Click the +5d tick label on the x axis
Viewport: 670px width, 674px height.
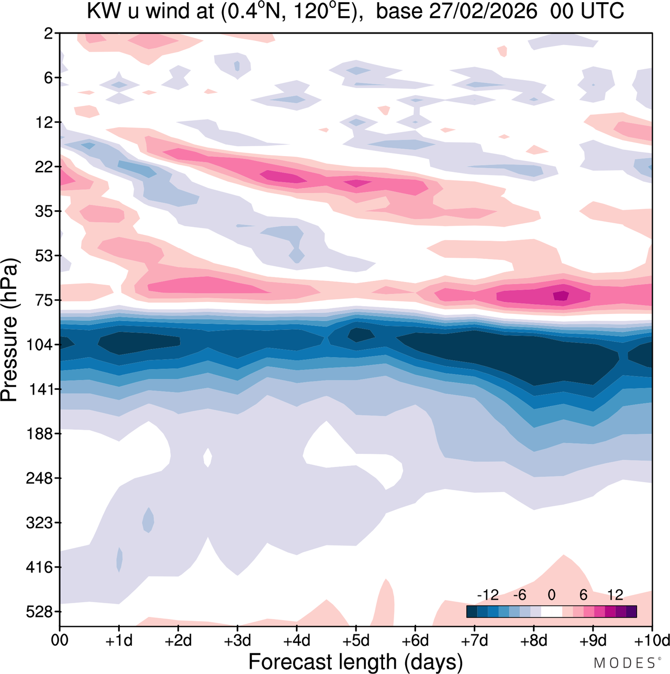click(356, 640)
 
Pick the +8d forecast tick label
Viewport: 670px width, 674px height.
click(533, 640)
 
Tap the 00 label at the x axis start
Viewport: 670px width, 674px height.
click(60, 640)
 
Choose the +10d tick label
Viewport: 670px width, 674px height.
click(652, 640)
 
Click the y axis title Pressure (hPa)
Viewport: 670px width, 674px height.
click(10, 330)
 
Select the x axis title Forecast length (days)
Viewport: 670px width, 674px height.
click(355, 661)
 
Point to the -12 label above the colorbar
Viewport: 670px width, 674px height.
click(487, 595)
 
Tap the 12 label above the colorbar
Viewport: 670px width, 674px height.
click(615, 595)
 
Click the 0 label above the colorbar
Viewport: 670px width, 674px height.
click(551, 595)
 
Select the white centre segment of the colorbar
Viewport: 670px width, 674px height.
click(551, 611)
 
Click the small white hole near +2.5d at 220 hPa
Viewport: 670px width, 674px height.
click(208, 457)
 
